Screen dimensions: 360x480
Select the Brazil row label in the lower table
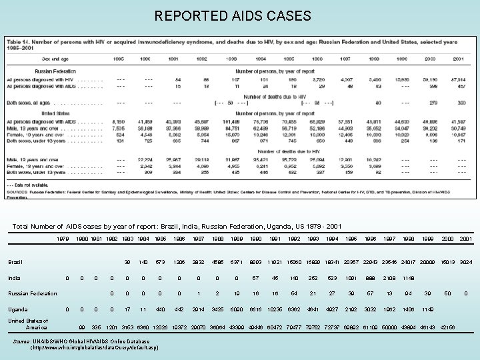(x=16, y=261)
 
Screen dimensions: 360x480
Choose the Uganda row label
(x=18, y=309)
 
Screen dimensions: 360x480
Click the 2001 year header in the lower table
(x=466, y=238)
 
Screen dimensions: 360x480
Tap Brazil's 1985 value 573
(x=160, y=261)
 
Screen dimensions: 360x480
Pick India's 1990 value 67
(x=255, y=277)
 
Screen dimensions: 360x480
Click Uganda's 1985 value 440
(x=160, y=309)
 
